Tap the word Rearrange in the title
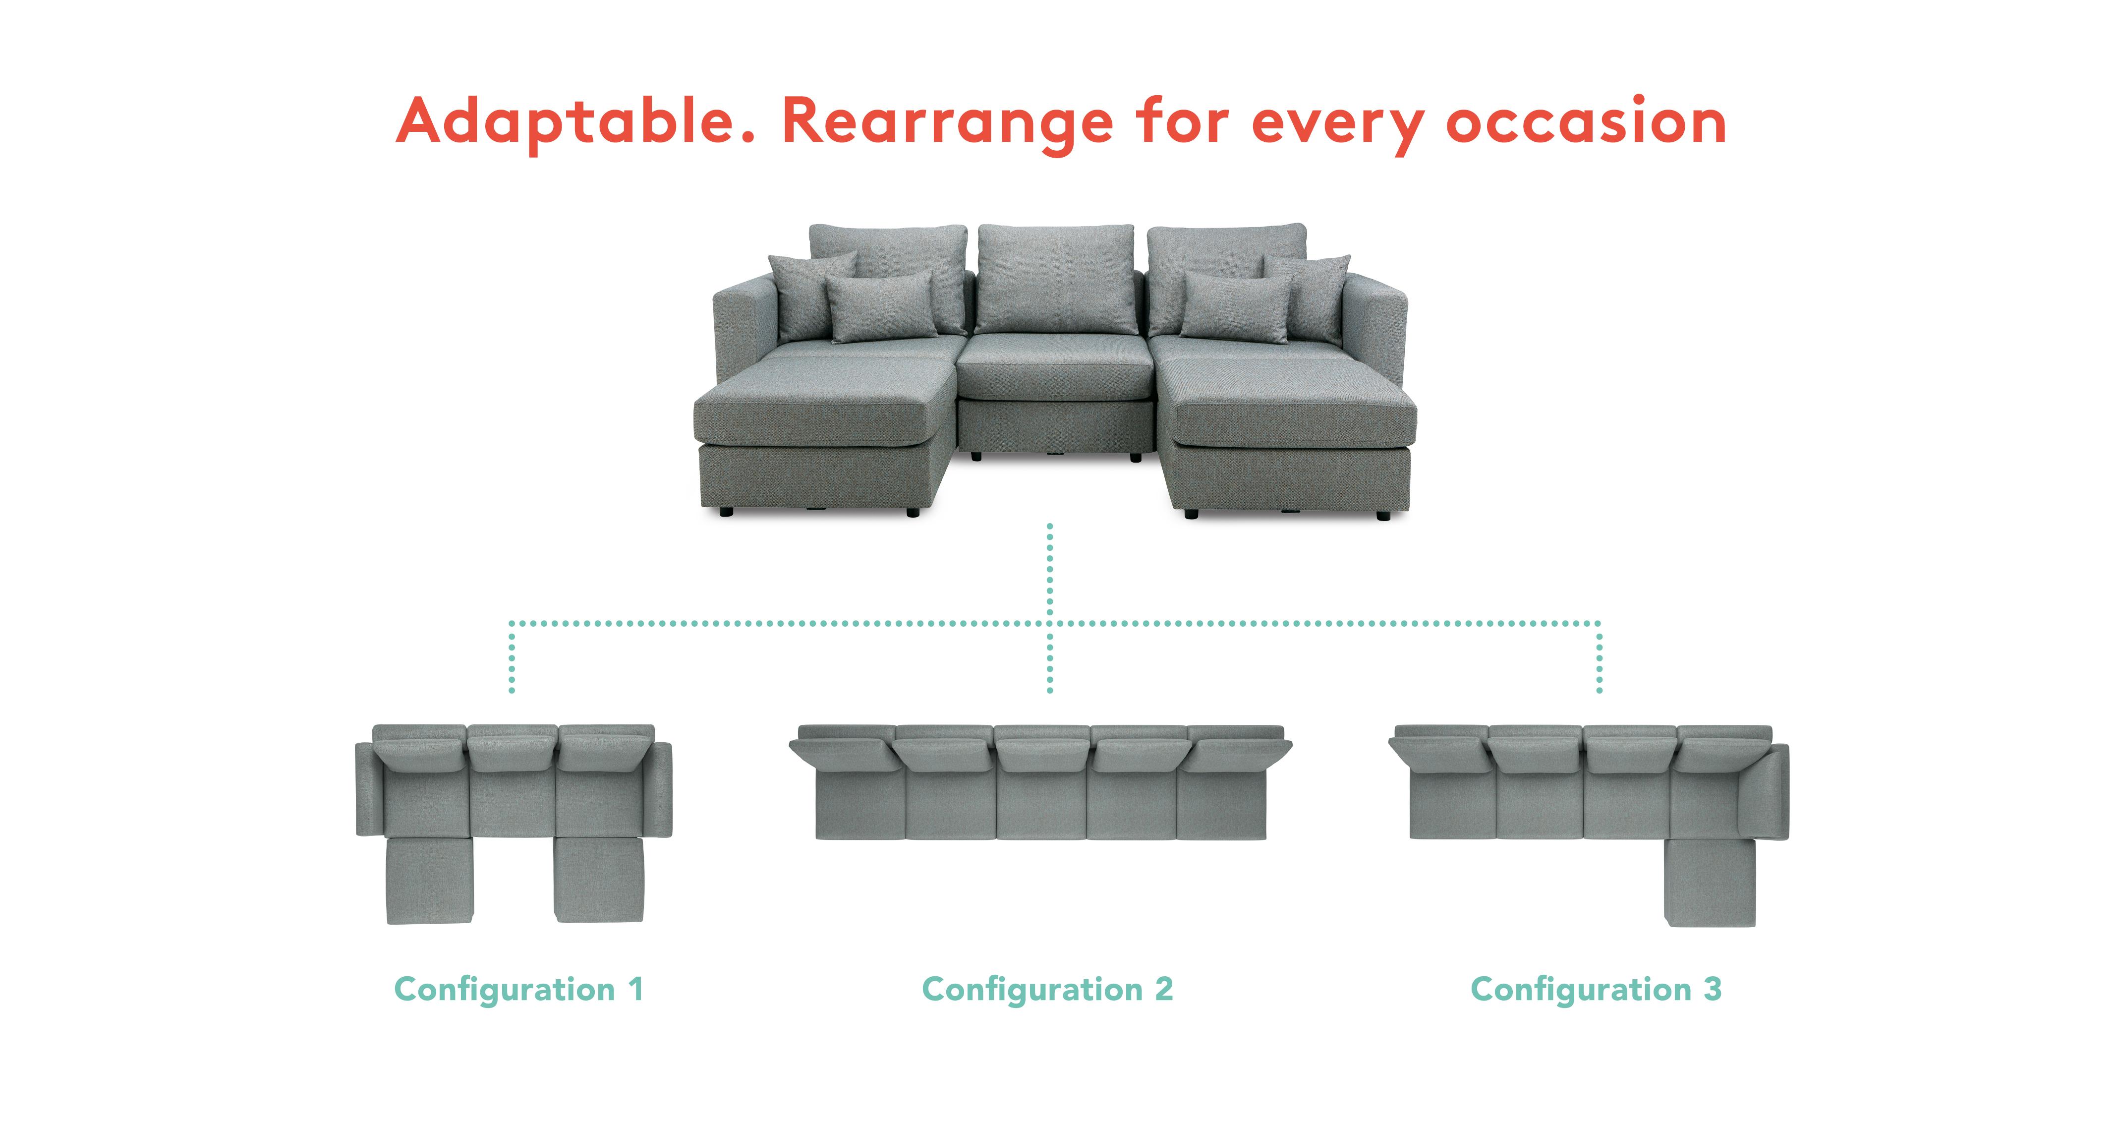coord(947,123)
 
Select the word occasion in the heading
coord(1586,121)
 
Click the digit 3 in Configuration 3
coord(1712,989)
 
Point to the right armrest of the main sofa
coord(1374,325)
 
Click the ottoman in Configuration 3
coord(1710,883)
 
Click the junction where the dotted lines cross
coord(1050,623)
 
